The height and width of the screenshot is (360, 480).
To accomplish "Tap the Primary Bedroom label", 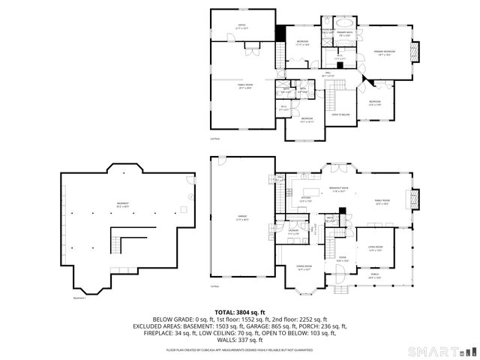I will (x=385, y=52).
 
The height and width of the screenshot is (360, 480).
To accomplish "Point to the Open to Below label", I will (x=340, y=115).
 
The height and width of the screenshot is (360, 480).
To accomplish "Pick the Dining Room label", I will (x=304, y=268).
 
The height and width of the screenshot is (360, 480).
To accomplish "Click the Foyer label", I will (x=342, y=259).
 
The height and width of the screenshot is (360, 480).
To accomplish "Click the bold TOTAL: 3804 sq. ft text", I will (x=240, y=312).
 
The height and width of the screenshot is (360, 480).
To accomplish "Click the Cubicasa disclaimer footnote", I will (x=240, y=349).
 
